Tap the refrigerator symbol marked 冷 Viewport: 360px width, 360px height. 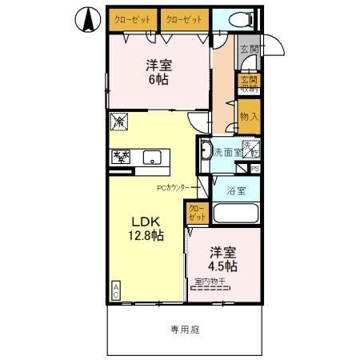coord(119,122)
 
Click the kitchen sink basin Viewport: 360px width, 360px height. coord(152,158)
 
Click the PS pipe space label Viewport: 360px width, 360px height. coord(254,170)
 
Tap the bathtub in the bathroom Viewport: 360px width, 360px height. coord(235,214)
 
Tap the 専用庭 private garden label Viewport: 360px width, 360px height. coord(183,328)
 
